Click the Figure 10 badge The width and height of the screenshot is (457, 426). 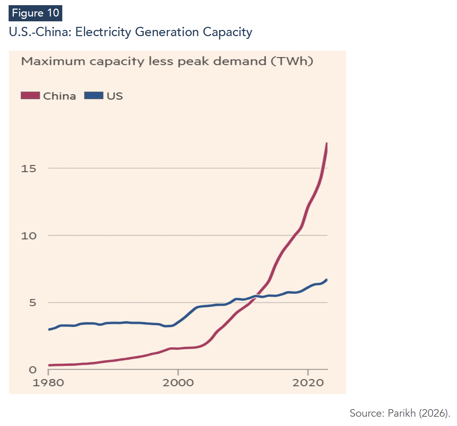tap(35, 13)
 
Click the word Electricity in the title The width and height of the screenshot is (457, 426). tap(103, 32)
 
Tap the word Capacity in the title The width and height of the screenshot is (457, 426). tap(227, 32)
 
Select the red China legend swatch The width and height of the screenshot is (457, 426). tap(30, 95)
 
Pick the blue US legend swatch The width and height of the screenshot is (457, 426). tap(94, 95)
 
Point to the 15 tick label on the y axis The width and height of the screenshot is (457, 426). tap(28, 169)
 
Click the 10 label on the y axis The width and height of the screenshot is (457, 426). tap(29, 236)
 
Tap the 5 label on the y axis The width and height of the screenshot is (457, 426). tap(32, 303)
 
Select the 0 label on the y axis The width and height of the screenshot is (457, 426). tap(32, 370)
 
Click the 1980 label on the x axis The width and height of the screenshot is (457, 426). tap(48, 383)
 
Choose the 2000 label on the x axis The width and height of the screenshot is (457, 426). tap(178, 383)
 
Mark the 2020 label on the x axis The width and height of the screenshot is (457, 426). tap(308, 383)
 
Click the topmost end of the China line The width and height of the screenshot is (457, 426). tap(327, 143)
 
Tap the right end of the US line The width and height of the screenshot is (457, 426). tap(327, 280)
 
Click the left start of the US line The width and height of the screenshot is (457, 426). tap(49, 330)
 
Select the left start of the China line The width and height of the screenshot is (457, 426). tap(49, 365)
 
